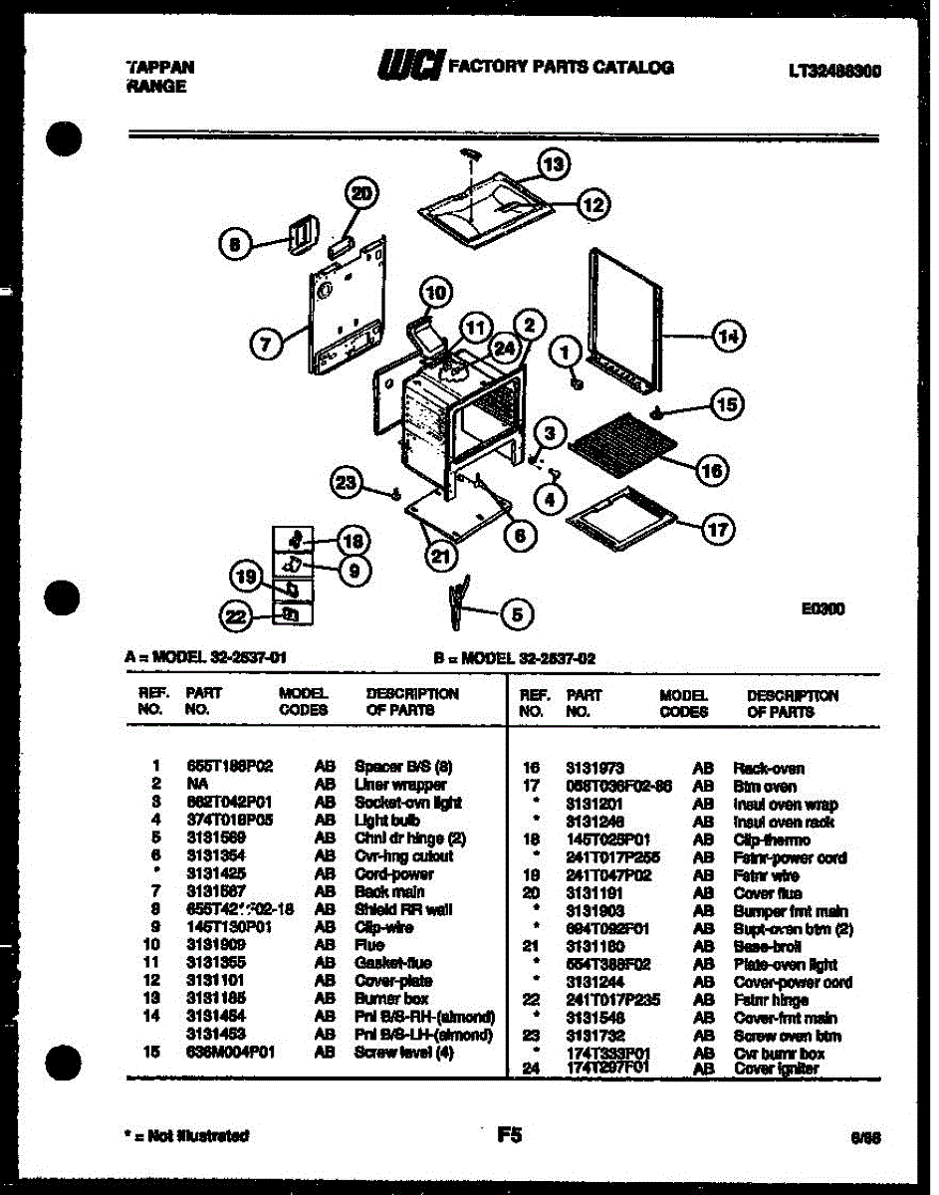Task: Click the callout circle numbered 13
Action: coord(554,162)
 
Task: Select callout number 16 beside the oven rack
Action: coord(711,470)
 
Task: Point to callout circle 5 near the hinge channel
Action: coord(516,614)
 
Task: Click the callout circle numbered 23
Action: coord(346,483)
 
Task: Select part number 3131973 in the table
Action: coord(595,768)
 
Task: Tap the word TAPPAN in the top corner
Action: coord(160,67)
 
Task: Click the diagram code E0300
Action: coord(822,608)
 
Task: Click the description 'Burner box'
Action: coord(391,999)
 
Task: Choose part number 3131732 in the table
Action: coord(595,1036)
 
